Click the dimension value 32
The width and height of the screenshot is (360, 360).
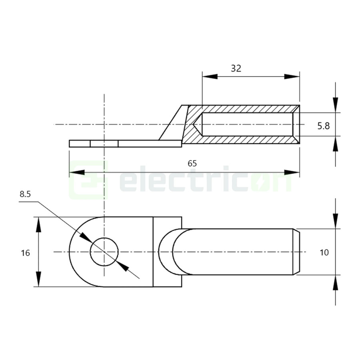[x=236, y=68]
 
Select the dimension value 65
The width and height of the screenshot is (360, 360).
[x=192, y=164]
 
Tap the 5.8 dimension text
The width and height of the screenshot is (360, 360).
[x=323, y=126]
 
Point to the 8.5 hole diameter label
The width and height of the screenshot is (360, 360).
[x=25, y=194]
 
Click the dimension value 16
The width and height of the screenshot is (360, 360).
[x=25, y=253]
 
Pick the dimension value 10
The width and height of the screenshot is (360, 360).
[x=324, y=252]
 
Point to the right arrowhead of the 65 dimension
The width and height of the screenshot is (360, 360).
[x=292, y=172]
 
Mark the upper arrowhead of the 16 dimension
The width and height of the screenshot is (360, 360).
[x=39, y=225]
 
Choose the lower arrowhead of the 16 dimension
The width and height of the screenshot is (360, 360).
[x=39, y=279]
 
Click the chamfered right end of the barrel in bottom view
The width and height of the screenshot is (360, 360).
[x=297, y=252]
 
